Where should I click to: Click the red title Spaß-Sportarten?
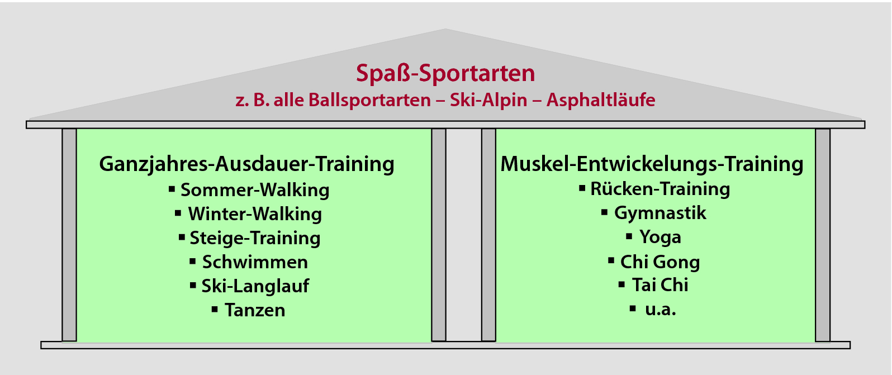click(x=445, y=74)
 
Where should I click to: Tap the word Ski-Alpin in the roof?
click(x=488, y=100)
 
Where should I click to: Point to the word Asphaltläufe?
click(x=601, y=99)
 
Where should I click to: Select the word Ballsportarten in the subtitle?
click(x=369, y=101)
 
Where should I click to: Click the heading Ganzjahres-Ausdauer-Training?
click(x=247, y=164)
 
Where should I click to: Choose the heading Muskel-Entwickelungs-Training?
click(x=652, y=164)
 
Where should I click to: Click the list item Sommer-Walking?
click(x=255, y=190)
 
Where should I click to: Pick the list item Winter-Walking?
click(x=255, y=214)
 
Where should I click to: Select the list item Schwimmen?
click(x=255, y=262)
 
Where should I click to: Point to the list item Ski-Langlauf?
click(x=255, y=286)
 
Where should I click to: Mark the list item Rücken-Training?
click(x=660, y=189)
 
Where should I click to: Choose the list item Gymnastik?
click(x=660, y=213)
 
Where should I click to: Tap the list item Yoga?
click(x=660, y=238)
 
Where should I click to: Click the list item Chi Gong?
click(x=660, y=262)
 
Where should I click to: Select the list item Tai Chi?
click(x=660, y=285)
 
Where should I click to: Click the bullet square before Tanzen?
click(x=215, y=309)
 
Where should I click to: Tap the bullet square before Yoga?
click(x=629, y=236)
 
